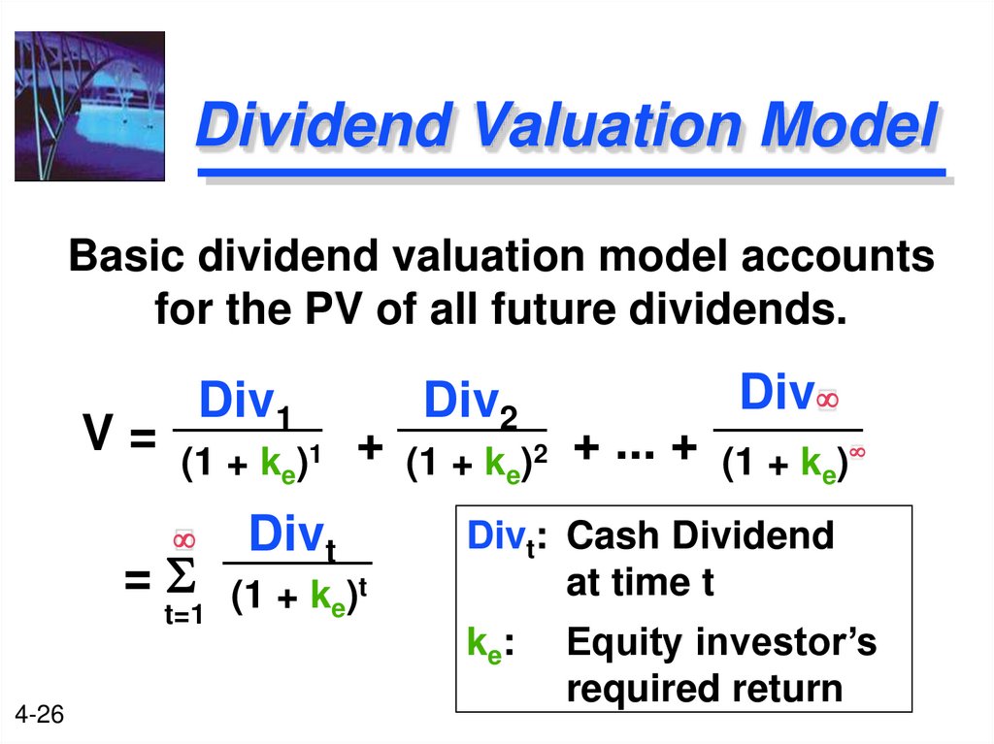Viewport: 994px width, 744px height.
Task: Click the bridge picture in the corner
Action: [x=89, y=106]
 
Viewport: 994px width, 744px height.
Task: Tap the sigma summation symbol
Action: [x=182, y=580]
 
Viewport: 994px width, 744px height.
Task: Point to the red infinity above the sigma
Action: [x=184, y=539]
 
